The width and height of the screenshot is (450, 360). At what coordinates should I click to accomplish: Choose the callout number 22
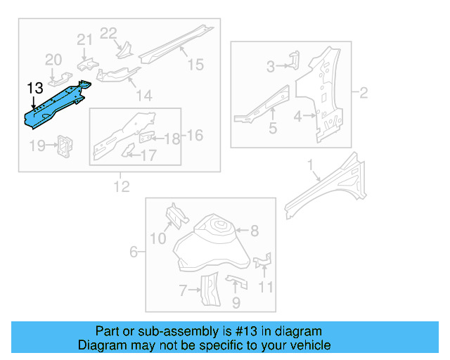click(108, 32)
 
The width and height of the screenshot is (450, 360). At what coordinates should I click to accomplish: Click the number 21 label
click(84, 40)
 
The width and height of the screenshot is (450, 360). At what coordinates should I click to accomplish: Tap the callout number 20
click(54, 60)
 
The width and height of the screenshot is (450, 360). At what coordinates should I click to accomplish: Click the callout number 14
click(143, 95)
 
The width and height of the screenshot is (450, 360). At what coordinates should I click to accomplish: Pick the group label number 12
click(122, 186)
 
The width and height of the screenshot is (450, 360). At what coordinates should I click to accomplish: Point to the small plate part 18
click(148, 136)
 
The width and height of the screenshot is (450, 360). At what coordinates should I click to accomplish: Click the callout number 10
click(157, 239)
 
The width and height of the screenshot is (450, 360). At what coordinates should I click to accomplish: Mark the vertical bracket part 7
click(208, 290)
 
